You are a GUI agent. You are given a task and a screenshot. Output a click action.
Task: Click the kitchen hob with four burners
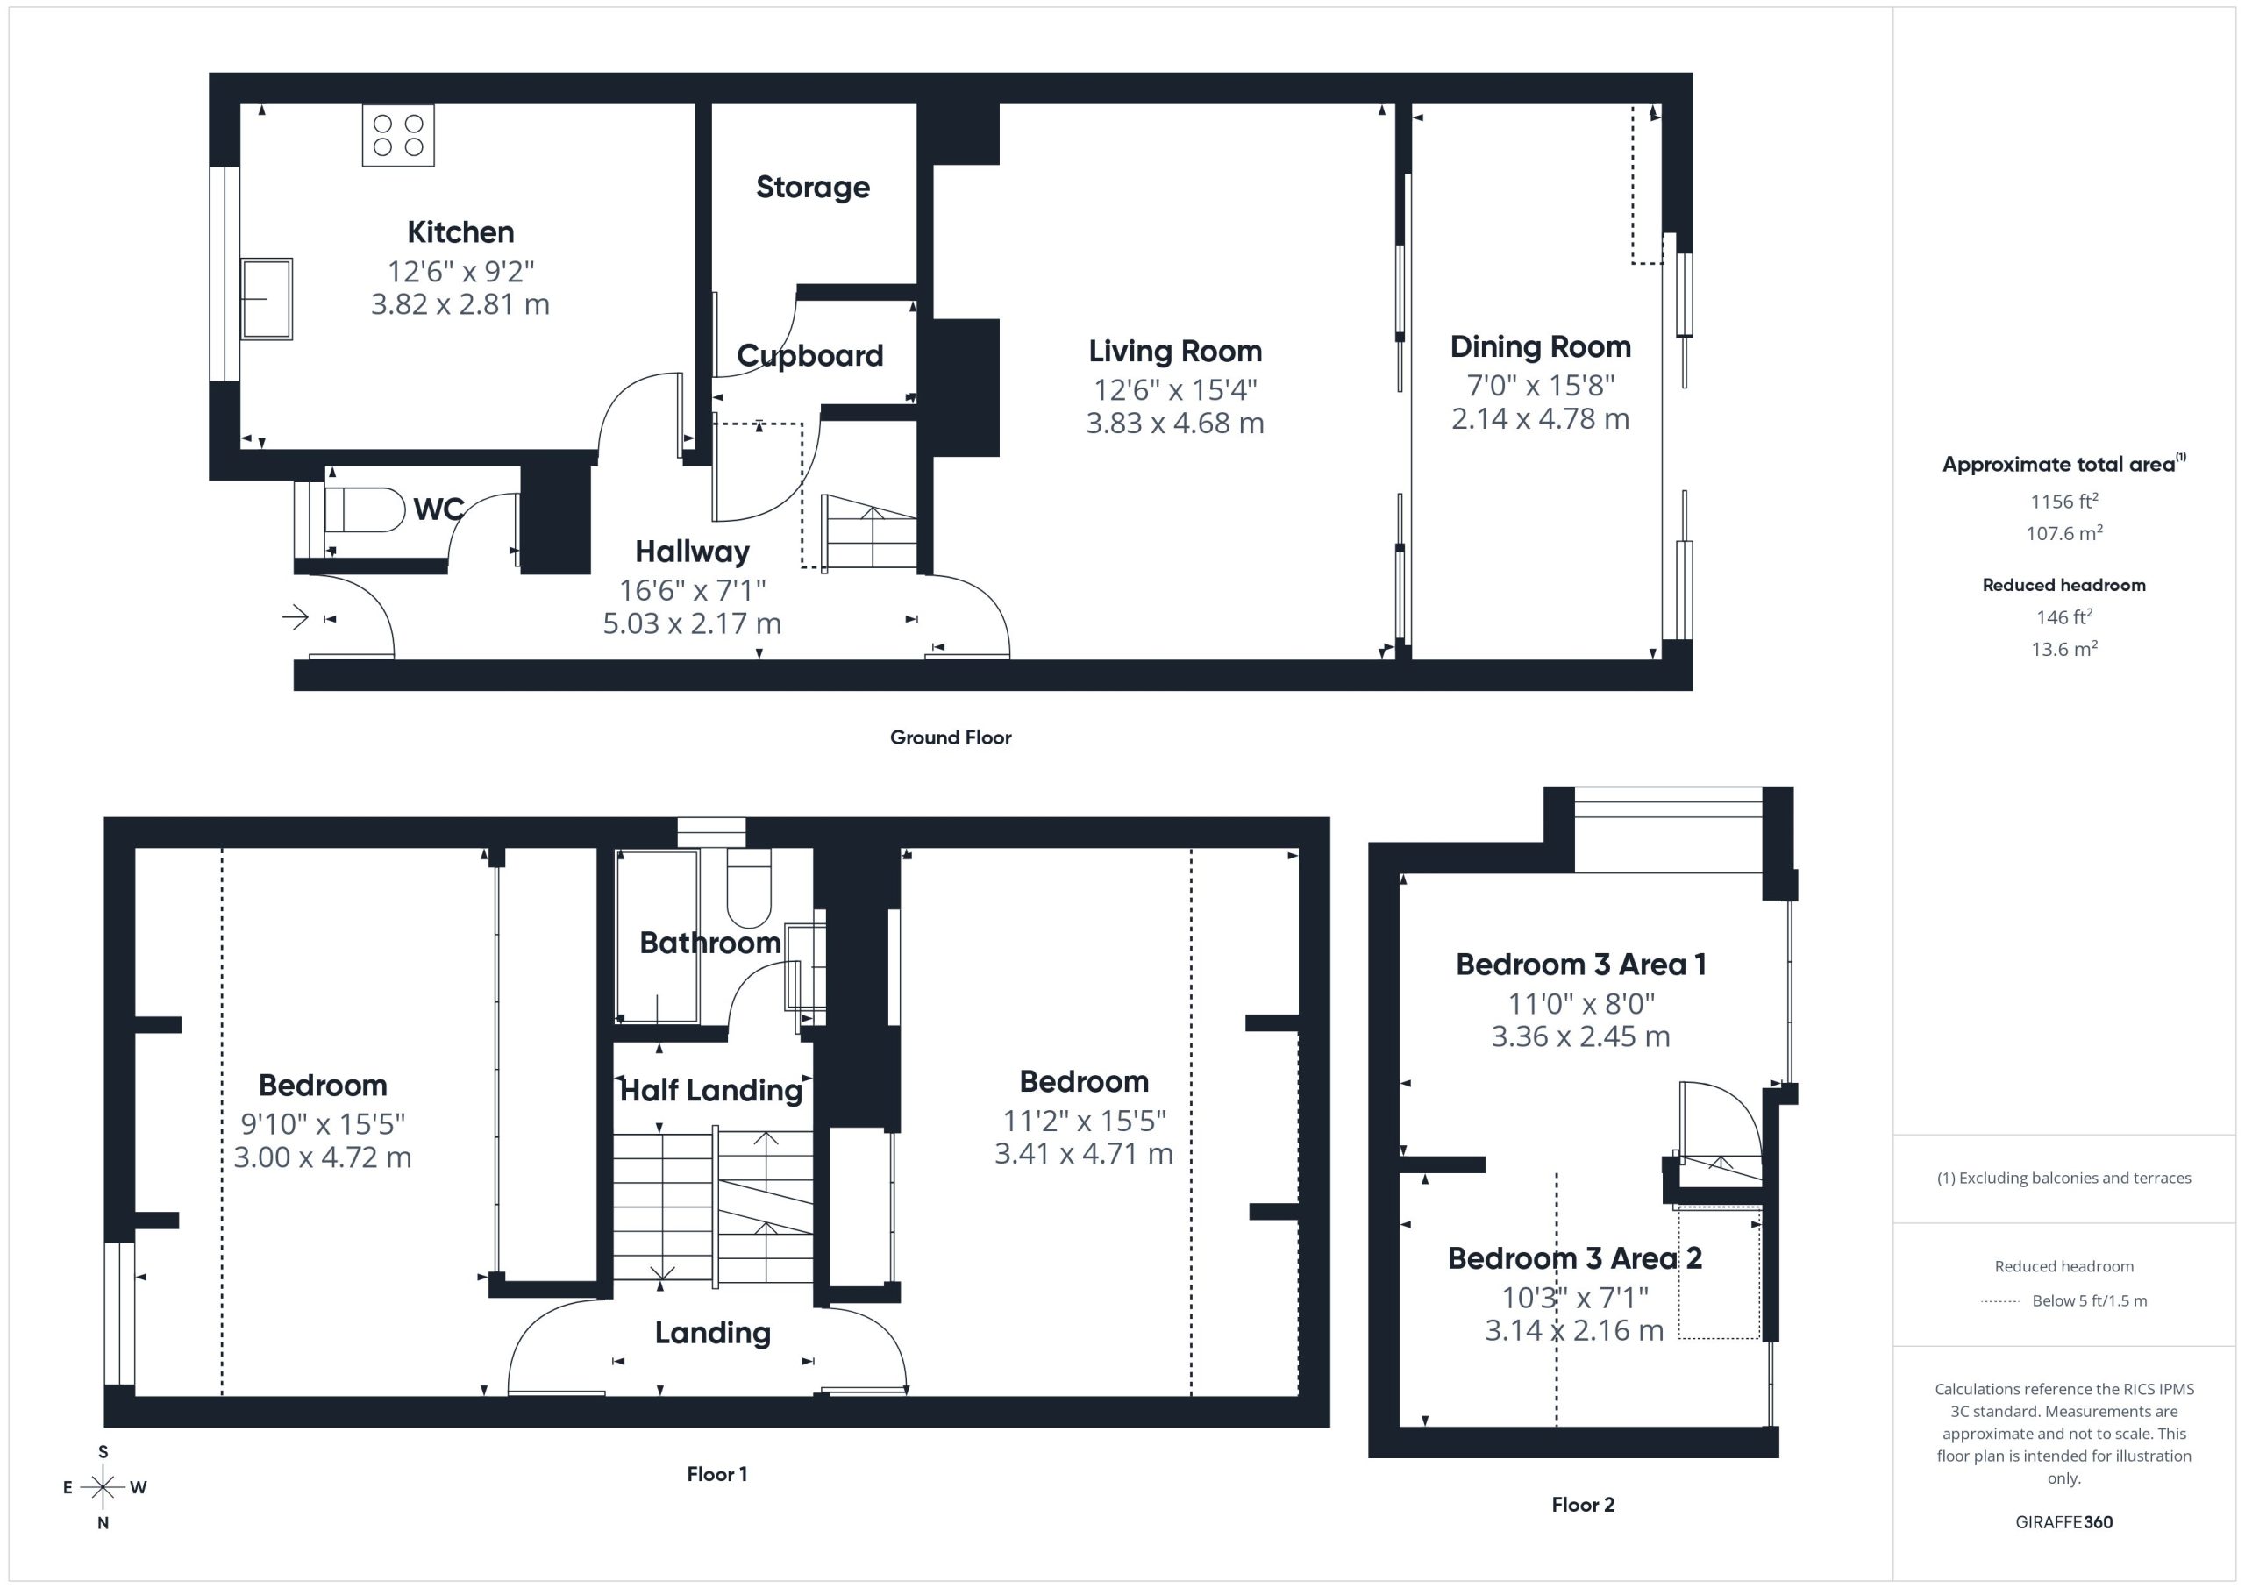click(x=398, y=135)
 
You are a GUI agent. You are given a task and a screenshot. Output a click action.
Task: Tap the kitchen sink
click(x=266, y=298)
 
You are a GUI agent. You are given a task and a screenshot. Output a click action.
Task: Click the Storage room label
click(x=813, y=187)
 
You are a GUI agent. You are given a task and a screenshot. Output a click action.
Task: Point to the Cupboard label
click(x=809, y=355)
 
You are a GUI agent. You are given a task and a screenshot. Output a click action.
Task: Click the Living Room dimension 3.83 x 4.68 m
click(x=1175, y=424)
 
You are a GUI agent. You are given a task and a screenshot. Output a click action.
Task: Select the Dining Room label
click(x=1540, y=346)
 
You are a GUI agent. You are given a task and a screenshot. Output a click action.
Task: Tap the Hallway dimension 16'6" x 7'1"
click(x=692, y=591)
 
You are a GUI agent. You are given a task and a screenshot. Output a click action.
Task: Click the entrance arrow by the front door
click(x=296, y=617)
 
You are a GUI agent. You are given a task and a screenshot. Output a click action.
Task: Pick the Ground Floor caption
click(x=951, y=737)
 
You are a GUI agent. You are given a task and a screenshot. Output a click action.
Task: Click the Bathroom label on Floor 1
click(x=709, y=943)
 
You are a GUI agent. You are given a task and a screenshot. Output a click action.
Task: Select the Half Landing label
click(x=711, y=1090)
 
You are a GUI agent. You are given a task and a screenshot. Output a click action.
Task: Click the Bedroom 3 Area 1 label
click(x=1581, y=965)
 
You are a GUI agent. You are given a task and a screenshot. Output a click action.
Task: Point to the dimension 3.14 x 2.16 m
click(x=1574, y=1330)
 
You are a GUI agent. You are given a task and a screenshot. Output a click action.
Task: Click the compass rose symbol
click(x=103, y=1487)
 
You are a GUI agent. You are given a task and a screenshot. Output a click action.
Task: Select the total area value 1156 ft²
click(x=2064, y=501)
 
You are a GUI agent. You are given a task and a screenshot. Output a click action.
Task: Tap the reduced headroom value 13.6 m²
click(x=2064, y=648)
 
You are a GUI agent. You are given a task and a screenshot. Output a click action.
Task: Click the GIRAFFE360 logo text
click(x=2064, y=1521)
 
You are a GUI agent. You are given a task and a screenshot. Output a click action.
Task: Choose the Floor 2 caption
click(x=1583, y=1504)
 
